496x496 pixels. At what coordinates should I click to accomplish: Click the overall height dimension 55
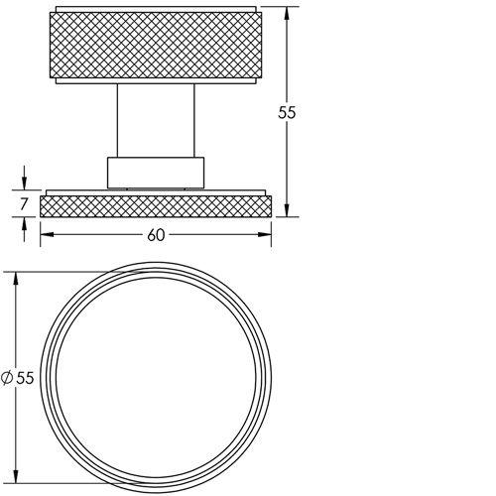(288, 112)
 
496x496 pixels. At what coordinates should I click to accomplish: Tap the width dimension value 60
(156, 235)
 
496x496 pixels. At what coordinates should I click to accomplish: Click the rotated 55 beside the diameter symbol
(25, 377)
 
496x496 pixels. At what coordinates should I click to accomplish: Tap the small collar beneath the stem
(155, 172)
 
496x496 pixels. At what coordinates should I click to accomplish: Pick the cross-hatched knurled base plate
(155, 206)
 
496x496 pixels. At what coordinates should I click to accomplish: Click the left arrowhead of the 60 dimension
(45, 235)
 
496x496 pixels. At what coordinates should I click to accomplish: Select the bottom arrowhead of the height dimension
(288, 211)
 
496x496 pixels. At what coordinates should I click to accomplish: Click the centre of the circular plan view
(156, 377)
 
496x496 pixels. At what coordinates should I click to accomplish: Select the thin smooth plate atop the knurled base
(155, 191)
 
